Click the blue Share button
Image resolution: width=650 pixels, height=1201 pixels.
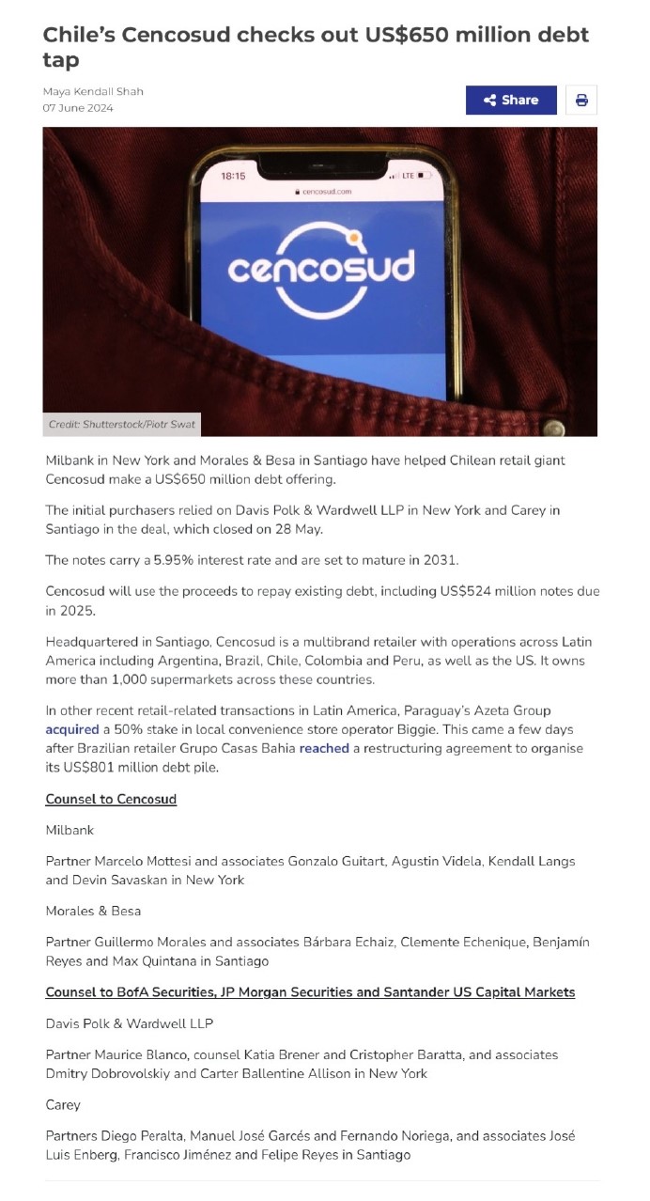pos(510,101)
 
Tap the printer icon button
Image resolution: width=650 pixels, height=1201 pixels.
pos(581,101)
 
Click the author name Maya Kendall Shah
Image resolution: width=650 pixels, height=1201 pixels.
pos(93,91)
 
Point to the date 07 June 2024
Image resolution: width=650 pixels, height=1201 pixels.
pos(78,108)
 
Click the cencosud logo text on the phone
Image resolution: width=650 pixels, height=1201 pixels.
pos(320,269)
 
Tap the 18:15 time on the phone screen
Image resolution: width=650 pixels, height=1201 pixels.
pos(233,176)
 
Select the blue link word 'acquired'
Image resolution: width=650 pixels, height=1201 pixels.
pos(72,729)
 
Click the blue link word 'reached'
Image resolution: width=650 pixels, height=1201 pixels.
pos(324,748)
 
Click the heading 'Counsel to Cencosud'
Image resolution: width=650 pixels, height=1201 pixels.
pos(111,799)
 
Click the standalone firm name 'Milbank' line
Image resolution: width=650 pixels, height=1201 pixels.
pos(70,830)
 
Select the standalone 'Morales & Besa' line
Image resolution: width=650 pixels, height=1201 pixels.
pos(92,911)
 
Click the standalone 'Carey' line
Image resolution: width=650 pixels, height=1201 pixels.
pos(63,1104)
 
